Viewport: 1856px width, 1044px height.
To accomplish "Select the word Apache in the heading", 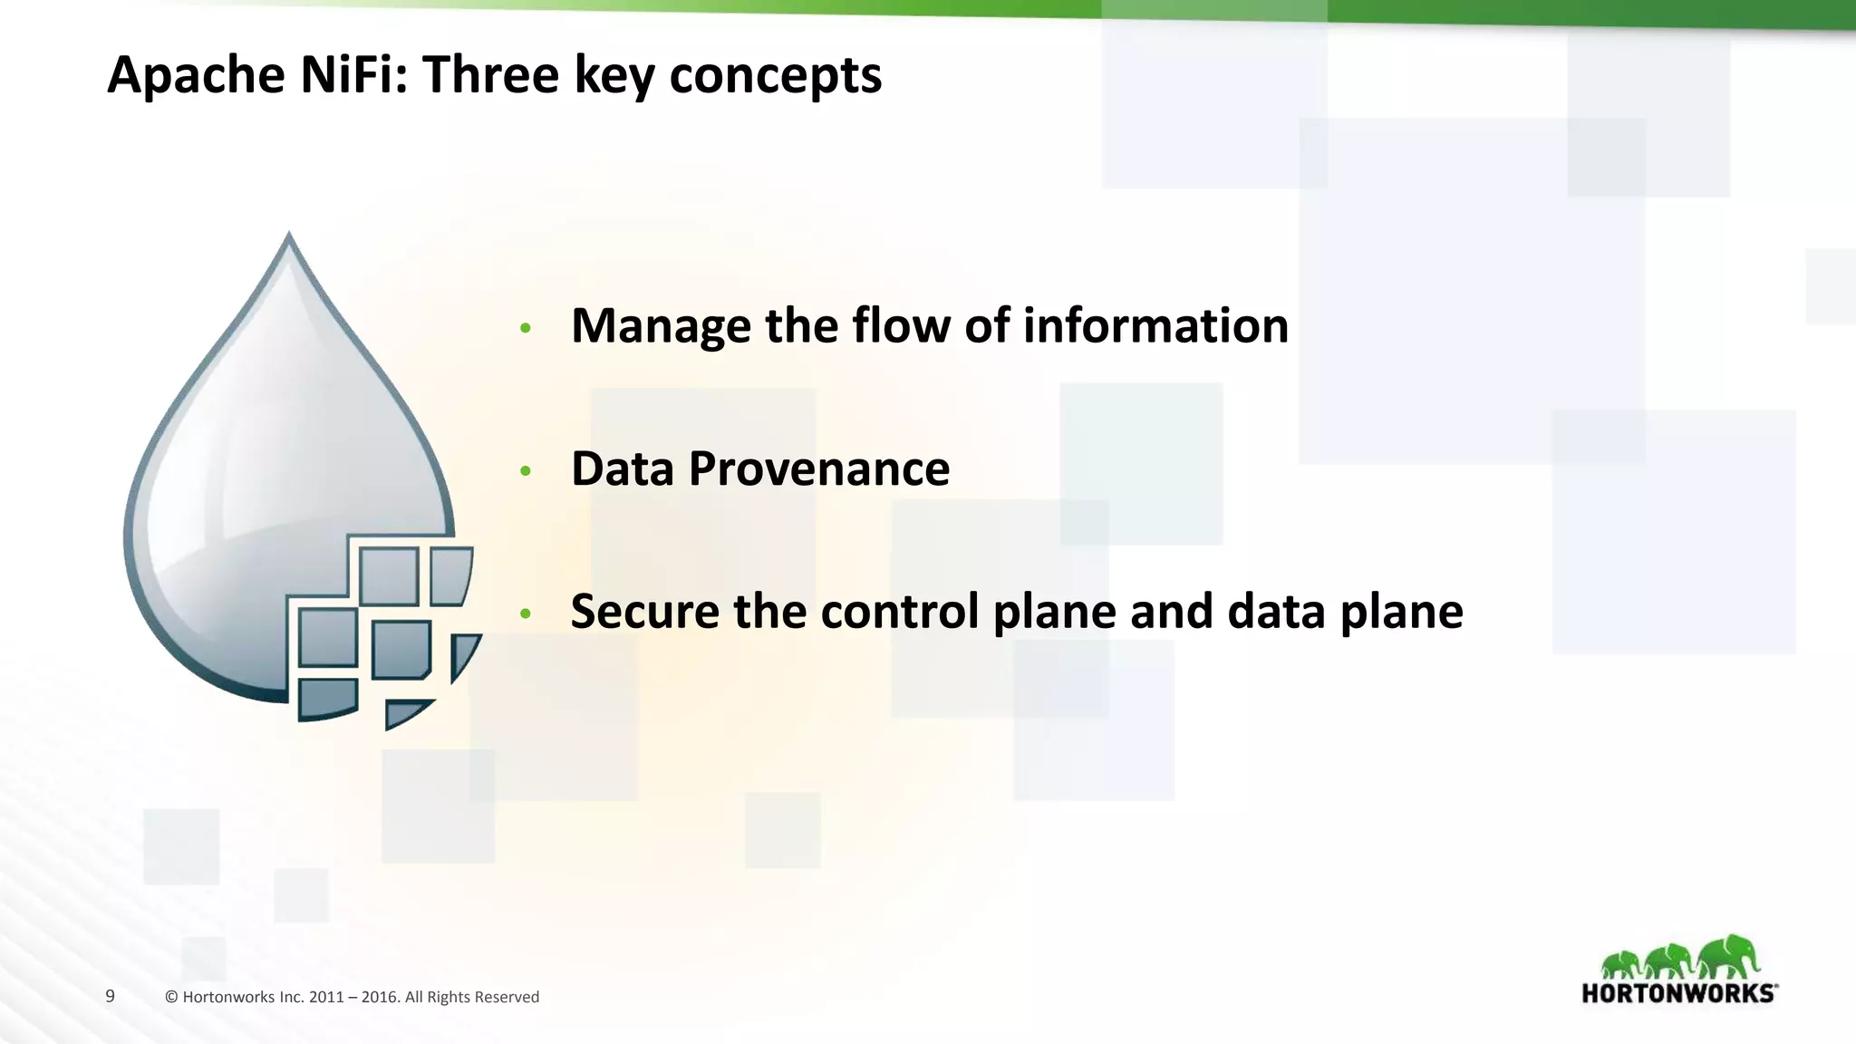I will [x=195, y=74].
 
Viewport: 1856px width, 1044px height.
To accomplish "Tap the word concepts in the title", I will [x=775, y=74].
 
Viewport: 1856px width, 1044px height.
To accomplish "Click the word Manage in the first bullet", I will [x=661, y=326].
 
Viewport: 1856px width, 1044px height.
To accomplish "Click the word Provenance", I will [x=818, y=469].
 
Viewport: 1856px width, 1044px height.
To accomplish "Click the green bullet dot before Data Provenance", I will [x=525, y=471].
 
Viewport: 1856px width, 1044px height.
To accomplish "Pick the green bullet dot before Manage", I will [x=525, y=328].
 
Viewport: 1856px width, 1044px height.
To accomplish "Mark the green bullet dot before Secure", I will [x=525, y=614].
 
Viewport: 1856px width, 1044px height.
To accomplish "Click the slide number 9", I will [x=111, y=996].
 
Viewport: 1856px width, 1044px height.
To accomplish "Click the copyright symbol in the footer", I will [x=171, y=997].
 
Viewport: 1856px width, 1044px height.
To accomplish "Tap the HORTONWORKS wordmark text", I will [x=1678, y=993].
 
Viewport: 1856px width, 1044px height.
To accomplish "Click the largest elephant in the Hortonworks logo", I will [x=1730, y=957].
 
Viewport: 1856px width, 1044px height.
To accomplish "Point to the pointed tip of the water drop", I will [x=289, y=236].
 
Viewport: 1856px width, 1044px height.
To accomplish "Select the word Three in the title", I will [x=491, y=74].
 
